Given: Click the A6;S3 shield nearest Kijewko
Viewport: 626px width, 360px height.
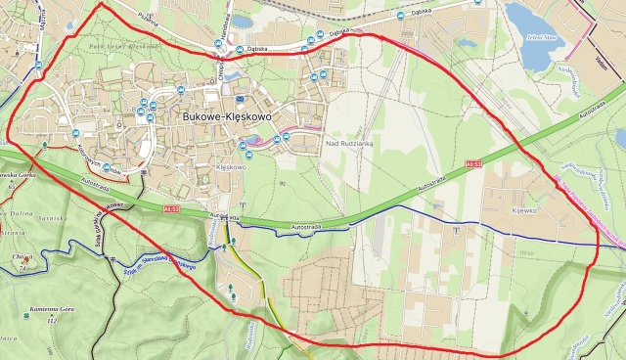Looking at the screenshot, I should click(x=474, y=164).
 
